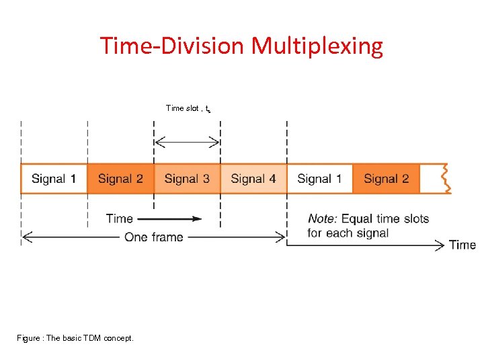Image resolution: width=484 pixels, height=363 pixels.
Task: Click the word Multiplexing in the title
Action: pos(317,46)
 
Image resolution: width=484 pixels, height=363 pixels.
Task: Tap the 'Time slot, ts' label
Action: pos(188,108)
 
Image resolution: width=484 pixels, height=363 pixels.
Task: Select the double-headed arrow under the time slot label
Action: pos(188,142)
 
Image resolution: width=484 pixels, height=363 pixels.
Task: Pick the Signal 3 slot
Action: pos(188,179)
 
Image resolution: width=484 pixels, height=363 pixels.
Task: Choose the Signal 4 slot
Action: pos(253,179)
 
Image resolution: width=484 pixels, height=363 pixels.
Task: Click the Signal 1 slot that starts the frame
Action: pos(54,179)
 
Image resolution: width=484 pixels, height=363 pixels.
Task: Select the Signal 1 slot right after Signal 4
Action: pos(320,179)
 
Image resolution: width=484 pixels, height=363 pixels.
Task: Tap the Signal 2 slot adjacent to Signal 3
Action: pos(121,179)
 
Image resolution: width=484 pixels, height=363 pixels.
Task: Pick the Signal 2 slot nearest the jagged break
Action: pos(386,179)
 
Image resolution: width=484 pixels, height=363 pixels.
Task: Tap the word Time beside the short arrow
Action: pos(120,218)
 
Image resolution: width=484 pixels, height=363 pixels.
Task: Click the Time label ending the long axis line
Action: pos(462,245)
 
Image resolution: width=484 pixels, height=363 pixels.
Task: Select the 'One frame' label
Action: pos(153,237)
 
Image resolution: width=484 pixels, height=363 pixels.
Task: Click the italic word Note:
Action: pos(323,218)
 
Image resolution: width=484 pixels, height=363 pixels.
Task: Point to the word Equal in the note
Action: pos(357,218)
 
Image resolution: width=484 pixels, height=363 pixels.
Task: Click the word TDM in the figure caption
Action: pos(92,337)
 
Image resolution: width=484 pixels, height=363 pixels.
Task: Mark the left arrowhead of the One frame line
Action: pos(26,237)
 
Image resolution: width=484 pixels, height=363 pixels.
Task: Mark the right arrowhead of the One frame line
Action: pos(282,237)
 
